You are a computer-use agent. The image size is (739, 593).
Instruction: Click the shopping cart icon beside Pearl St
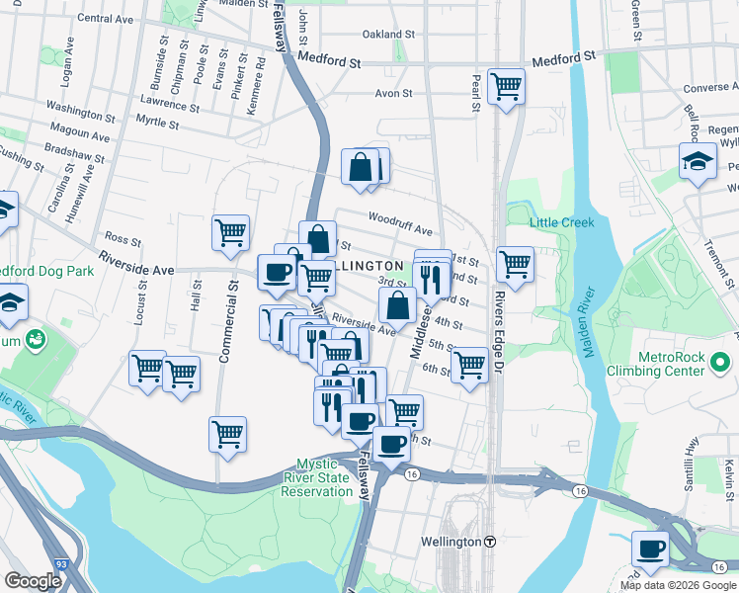tap(506, 86)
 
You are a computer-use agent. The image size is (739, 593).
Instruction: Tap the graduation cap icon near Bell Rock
tap(698, 161)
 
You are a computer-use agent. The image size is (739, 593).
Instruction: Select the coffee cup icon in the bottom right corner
tap(650, 549)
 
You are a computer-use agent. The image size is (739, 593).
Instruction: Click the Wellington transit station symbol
tap(489, 542)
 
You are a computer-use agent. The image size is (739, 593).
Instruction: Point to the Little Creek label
tap(561, 222)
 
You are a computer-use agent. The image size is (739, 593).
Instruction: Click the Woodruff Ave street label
tap(400, 219)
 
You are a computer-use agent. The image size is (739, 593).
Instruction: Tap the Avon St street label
tap(391, 95)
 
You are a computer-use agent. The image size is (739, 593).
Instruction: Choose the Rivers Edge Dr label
tap(499, 336)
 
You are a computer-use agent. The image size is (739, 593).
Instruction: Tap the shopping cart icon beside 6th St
tap(469, 364)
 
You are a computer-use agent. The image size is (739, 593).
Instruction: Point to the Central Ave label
tap(104, 18)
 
